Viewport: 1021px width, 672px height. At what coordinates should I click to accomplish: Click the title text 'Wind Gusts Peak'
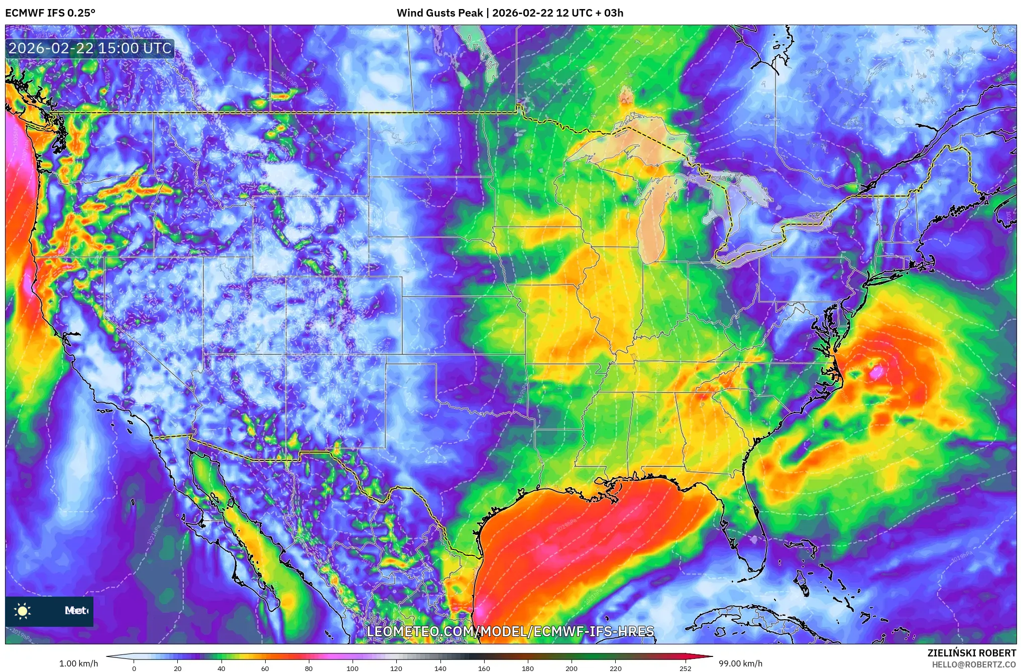(439, 13)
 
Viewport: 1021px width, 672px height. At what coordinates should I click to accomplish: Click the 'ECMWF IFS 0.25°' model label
(50, 13)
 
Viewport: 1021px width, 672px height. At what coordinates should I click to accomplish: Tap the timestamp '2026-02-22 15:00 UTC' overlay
(90, 48)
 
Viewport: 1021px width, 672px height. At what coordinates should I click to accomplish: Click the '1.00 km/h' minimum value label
(78, 663)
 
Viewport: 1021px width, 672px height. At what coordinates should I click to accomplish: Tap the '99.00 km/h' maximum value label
(740, 663)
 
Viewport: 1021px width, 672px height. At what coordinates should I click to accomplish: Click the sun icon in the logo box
(23, 611)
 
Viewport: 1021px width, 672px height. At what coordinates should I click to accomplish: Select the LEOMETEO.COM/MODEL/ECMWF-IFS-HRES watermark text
(510, 631)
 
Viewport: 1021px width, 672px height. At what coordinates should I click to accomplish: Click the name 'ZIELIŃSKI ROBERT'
(971, 653)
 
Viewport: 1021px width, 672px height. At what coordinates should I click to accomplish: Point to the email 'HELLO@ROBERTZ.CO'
(974, 664)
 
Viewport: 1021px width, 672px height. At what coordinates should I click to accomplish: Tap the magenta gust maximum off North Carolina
(877, 372)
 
